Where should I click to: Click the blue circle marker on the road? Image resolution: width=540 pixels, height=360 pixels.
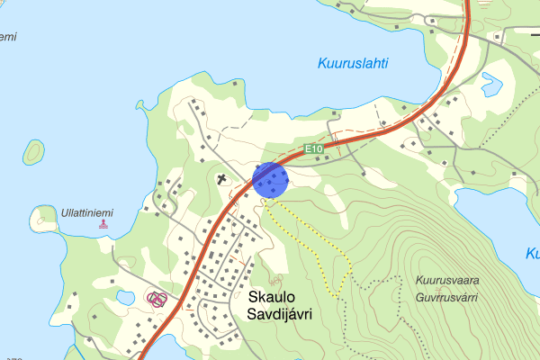pos(270,179)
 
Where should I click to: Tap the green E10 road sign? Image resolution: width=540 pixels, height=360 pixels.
pos(313,148)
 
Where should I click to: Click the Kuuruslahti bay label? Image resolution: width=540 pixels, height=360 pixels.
pos(352,64)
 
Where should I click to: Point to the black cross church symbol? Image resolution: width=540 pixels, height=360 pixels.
pos(222,179)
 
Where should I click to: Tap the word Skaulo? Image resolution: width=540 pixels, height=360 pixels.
pos(272,296)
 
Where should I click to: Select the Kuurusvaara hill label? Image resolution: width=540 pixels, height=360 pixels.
pos(448,280)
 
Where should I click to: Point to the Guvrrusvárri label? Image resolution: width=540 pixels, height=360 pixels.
pos(447,296)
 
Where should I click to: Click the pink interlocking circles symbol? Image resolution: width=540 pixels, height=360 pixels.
pos(157,299)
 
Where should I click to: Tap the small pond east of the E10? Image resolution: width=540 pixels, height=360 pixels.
pos(490,85)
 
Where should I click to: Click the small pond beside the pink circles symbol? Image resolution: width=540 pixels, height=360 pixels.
pos(125,297)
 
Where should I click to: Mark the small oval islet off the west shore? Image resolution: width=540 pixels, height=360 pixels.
pos(34,153)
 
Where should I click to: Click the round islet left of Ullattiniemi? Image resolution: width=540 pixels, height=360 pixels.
pos(42,219)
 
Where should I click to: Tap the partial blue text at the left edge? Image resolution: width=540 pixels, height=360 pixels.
pos(7,37)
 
